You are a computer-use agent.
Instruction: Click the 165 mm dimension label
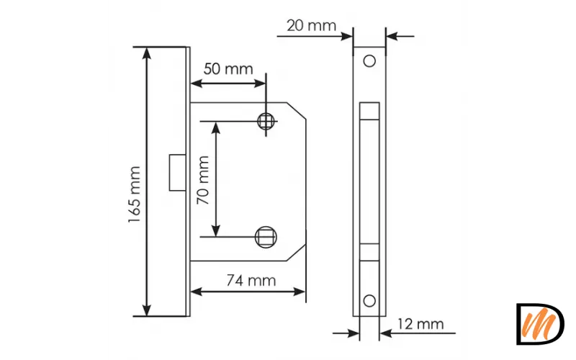(x=135, y=194)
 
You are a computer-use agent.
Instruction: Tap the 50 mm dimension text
(x=228, y=69)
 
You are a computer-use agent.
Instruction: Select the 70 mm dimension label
(x=203, y=180)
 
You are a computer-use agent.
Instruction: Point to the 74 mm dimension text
(x=251, y=281)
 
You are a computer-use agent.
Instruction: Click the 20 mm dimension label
(x=311, y=26)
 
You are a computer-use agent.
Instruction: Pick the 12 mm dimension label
(x=420, y=324)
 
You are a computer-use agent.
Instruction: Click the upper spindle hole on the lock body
(x=266, y=121)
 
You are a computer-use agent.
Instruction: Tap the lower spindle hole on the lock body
(x=266, y=237)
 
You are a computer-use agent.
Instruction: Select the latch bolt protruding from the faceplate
(x=177, y=173)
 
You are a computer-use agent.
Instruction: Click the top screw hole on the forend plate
(x=369, y=61)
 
